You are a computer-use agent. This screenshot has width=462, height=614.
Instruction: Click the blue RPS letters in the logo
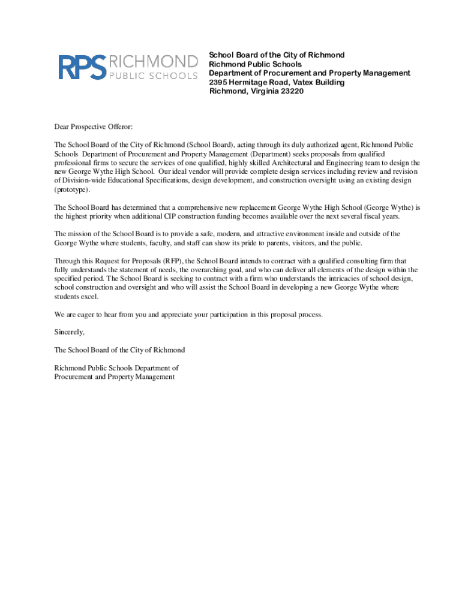coord(82,67)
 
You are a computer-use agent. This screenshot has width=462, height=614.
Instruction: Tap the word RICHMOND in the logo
coord(153,61)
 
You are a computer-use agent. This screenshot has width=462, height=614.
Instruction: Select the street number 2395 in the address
coord(219,82)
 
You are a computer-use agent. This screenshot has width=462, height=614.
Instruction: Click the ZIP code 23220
coord(290,91)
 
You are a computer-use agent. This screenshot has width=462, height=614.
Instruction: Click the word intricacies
coord(346,279)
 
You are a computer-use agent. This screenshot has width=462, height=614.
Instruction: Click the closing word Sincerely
coord(70,332)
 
